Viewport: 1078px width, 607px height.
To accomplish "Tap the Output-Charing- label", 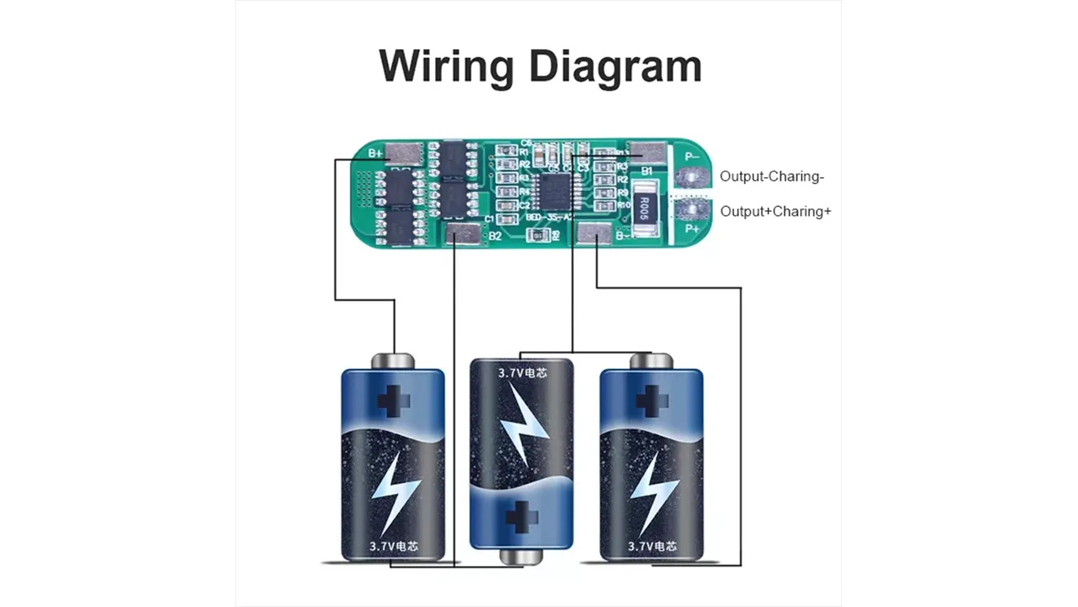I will (x=772, y=177).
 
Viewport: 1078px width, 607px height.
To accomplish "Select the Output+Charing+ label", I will (x=776, y=212).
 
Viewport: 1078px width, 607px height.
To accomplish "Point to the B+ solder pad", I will (x=404, y=153).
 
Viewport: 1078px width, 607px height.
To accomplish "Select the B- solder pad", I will (x=593, y=234).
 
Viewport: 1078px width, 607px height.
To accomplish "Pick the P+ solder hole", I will (x=693, y=209).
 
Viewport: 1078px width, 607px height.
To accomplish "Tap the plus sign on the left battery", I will (x=393, y=400).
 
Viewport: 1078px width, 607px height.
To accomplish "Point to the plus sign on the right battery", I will (x=652, y=400).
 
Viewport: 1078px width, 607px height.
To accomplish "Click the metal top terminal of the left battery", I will (x=393, y=360).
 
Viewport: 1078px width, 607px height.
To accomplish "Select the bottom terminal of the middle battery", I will (x=521, y=557).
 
